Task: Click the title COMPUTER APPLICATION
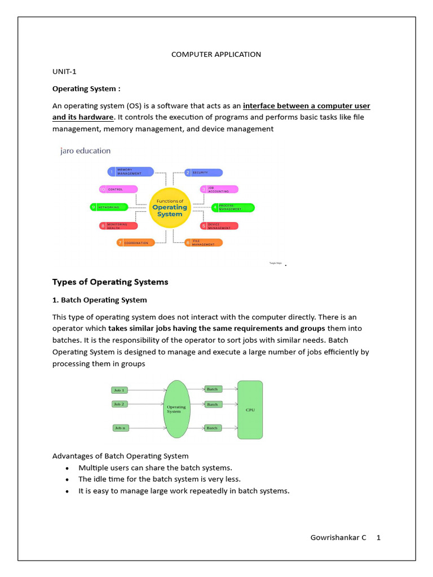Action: tap(216, 55)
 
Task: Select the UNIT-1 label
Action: tap(64, 72)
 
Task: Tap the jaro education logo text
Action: tap(85, 151)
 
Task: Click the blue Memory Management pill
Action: tap(130, 171)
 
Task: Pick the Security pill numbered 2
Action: tap(204, 172)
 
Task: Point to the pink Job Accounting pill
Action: tap(219, 190)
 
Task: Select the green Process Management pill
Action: tap(232, 207)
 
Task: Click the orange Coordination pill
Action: tap(135, 243)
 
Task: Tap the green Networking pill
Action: tap(112, 207)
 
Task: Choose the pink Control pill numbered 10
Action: tap(118, 189)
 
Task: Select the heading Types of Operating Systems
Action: tap(110, 282)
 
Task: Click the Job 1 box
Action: tap(119, 389)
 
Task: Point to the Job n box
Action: tap(120, 428)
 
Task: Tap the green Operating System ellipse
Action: tap(176, 409)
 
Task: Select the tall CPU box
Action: tap(250, 410)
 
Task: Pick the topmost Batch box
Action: tap(212, 389)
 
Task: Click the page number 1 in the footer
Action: tap(379, 538)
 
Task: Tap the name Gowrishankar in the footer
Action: tap(334, 538)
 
